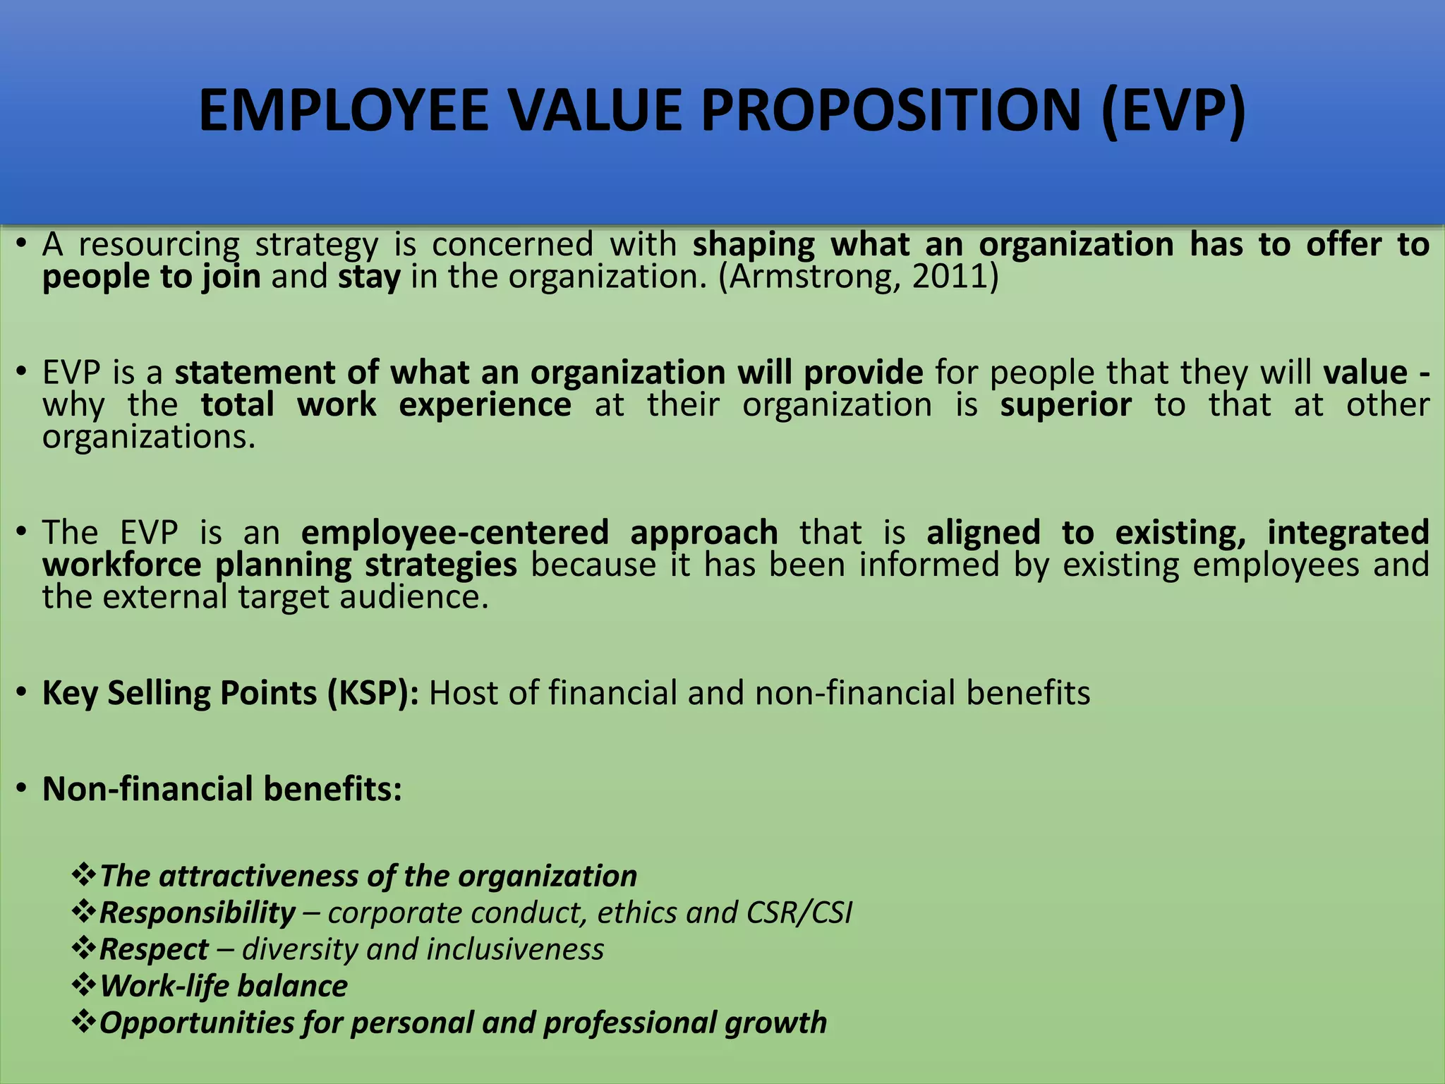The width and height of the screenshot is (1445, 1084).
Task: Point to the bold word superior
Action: pos(1065,405)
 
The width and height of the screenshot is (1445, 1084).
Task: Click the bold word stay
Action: pos(369,277)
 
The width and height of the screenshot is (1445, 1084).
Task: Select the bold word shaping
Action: pos(754,244)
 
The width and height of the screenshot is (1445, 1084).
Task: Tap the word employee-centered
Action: pos(455,532)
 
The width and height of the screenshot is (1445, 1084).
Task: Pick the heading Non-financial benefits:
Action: pos(222,788)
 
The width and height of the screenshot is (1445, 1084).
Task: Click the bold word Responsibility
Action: pos(198,913)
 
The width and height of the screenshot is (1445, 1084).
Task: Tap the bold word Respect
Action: pos(155,949)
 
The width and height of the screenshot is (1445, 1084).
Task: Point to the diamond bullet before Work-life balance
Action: pos(83,985)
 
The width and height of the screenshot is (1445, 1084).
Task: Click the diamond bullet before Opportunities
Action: pos(83,1022)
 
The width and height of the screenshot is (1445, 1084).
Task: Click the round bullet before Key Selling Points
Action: pos(23,692)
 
